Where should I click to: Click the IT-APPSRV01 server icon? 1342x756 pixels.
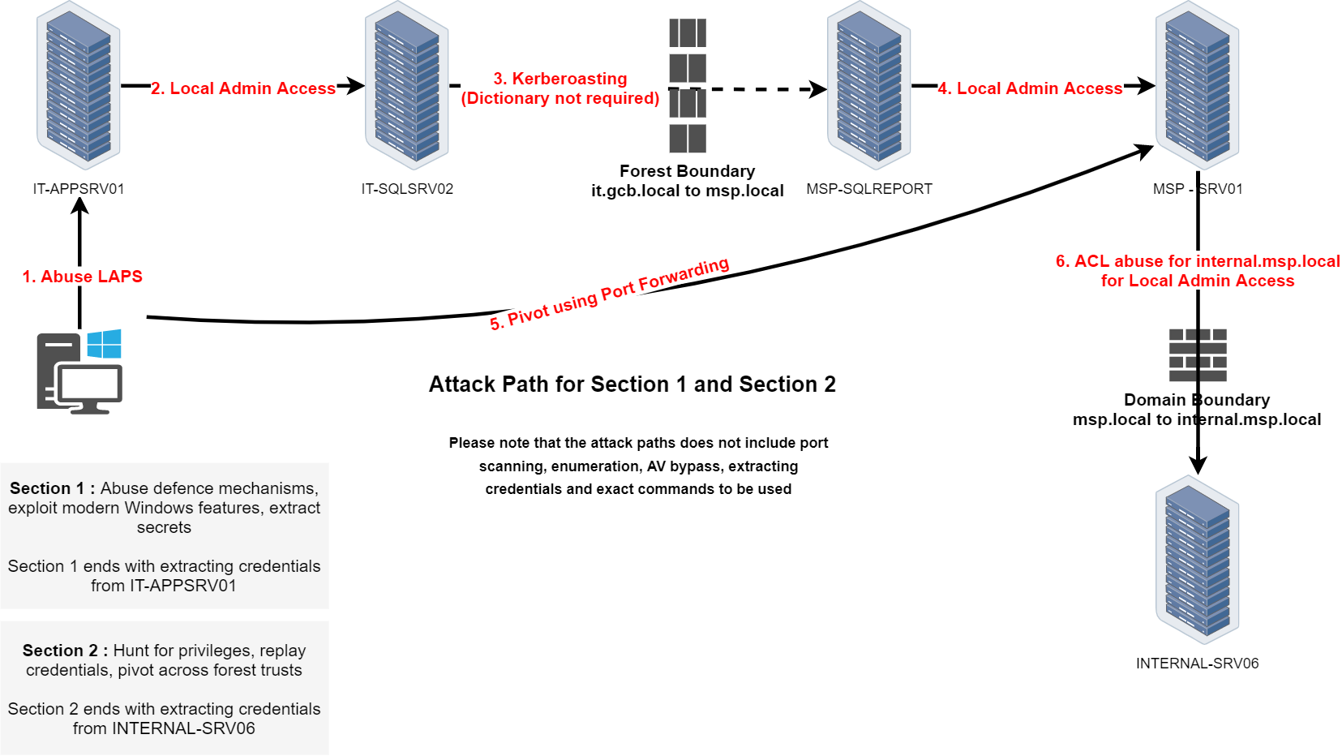point(79,86)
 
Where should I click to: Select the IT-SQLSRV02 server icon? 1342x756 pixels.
point(407,86)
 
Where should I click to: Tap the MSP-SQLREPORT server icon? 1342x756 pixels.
point(869,86)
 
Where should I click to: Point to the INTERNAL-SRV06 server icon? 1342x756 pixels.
point(1198,560)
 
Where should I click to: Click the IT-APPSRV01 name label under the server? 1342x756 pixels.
point(79,189)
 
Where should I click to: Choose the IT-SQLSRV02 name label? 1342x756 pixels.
point(407,189)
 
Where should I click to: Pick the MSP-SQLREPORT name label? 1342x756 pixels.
point(869,189)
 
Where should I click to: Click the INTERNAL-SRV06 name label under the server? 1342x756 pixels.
point(1197,664)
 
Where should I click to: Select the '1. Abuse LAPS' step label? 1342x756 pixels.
point(83,277)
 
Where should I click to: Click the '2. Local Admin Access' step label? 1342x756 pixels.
point(243,88)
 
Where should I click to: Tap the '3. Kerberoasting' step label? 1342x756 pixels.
point(560,88)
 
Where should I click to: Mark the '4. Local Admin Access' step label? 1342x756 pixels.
point(1030,88)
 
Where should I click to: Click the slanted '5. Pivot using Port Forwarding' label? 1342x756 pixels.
point(609,293)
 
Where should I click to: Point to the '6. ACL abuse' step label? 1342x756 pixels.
point(1197,271)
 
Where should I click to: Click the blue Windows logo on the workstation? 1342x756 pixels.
point(105,344)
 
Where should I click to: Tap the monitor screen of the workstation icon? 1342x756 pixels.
point(90,384)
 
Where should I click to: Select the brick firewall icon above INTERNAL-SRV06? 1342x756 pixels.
point(1198,355)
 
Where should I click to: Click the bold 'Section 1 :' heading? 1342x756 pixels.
point(53,488)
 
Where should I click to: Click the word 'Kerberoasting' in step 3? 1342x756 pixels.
point(569,79)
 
